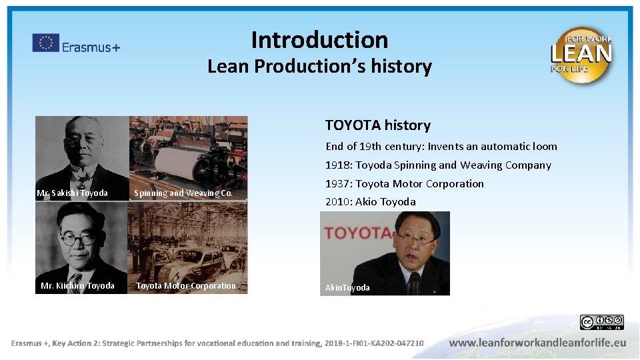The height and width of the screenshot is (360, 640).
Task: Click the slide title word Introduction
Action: pyautogui.click(x=319, y=40)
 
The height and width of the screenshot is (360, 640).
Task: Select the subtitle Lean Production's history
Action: pyautogui.click(x=319, y=67)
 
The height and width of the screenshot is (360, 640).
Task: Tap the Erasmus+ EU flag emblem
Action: pyautogui.click(x=46, y=43)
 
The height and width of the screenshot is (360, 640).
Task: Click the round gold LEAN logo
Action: pyautogui.click(x=581, y=55)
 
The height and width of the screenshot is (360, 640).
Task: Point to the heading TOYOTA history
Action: pyautogui.click(x=377, y=125)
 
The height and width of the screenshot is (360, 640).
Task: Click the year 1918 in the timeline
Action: pyautogui.click(x=337, y=165)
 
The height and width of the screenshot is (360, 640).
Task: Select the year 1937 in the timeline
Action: pyautogui.click(x=337, y=184)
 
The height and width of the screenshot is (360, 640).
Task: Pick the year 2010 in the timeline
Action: pyautogui.click(x=337, y=202)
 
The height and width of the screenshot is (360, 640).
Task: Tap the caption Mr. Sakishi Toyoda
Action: pyautogui.click(x=72, y=193)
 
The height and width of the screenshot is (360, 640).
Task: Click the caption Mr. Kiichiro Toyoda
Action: pyautogui.click(x=77, y=286)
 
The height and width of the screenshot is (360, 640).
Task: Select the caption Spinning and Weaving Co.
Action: pyautogui.click(x=183, y=193)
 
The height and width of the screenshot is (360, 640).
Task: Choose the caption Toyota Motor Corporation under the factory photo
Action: pyautogui.click(x=186, y=286)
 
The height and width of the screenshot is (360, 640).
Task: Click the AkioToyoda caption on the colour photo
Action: pyautogui.click(x=347, y=288)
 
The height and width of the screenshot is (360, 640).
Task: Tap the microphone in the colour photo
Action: pyautogui.click(x=415, y=283)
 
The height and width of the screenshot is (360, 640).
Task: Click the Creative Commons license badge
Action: pyautogui.click(x=601, y=323)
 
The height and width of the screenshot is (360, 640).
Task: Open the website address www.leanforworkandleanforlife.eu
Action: pyautogui.click(x=537, y=343)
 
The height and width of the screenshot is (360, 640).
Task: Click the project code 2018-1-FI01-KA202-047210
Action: pyautogui.click(x=374, y=343)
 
